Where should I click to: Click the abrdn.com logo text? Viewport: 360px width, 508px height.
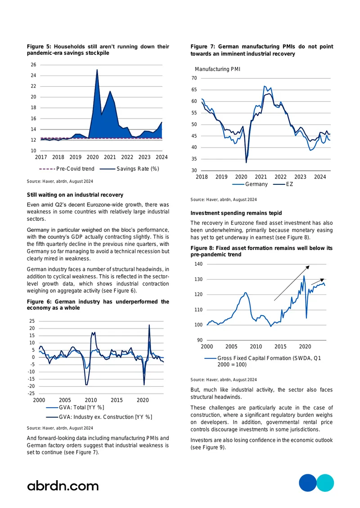coord(63,486)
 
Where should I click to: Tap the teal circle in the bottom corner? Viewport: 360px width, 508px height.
coord(325,483)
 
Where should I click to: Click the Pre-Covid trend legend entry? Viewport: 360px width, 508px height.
coord(67,169)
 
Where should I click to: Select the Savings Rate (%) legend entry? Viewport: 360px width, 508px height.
coord(130,169)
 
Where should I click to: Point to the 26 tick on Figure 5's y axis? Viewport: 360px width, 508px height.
coord(33,65)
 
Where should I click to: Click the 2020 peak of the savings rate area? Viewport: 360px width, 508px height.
coord(97,69)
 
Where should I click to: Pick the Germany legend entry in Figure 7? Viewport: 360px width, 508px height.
coord(250,184)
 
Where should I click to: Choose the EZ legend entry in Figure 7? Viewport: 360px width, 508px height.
coord(283,184)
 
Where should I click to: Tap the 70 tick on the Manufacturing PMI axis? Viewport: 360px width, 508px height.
coord(194,78)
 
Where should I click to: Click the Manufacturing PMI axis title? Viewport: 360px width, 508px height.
coord(217,69)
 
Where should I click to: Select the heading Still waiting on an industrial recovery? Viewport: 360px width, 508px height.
coord(75,195)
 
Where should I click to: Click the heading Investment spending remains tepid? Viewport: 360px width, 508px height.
coord(236,213)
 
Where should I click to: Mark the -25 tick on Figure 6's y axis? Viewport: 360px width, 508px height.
coord(31,393)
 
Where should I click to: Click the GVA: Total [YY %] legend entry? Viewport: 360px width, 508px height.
coord(75,407)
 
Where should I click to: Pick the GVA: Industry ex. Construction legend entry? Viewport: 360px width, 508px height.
coord(99,417)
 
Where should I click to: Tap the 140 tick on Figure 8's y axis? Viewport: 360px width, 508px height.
coord(198,264)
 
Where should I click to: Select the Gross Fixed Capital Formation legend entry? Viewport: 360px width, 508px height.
coord(263,361)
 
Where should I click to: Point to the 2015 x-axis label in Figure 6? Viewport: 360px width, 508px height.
coord(117,400)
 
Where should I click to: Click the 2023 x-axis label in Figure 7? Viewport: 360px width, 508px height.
coord(300,177)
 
